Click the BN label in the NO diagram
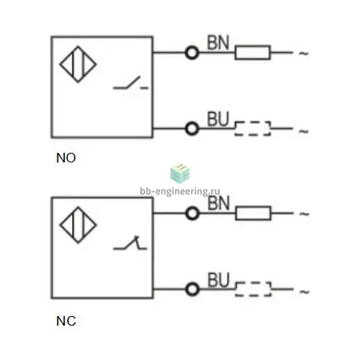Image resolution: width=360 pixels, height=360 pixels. tap(218, 42)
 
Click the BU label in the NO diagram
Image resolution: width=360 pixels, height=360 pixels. tap(218, 119)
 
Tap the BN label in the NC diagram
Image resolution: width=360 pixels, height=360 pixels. tap(218, 203)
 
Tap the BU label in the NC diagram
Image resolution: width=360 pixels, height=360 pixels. tap(218, 280)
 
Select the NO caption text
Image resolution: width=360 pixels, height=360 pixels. tap(66, 158)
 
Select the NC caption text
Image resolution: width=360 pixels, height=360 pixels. tap(66, 321)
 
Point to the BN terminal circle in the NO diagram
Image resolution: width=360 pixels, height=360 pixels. tap(192, 53)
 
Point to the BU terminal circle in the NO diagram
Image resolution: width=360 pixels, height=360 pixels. tap(192, 129)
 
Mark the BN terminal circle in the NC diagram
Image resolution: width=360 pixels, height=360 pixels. tap(193, 214)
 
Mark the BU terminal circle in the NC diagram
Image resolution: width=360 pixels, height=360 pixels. tap(193, 290)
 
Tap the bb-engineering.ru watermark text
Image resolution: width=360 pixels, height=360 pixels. tap(180, 191)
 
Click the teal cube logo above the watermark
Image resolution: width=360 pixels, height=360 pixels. tap(180, 174)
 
